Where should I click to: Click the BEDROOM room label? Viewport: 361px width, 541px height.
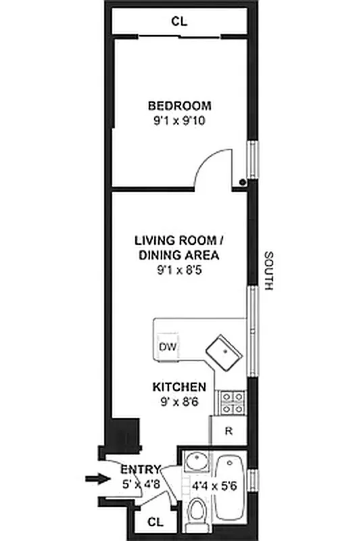point(179,105)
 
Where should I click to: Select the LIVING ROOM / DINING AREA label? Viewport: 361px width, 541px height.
point(179,248)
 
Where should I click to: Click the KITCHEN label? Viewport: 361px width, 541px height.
point(178,387)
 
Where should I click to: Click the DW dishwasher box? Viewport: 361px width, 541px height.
point(167,347)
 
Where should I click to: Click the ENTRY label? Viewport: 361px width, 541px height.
point(141,469)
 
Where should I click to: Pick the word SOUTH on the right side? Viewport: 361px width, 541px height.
point(268,270)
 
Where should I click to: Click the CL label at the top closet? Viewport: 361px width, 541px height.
point(178,22)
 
